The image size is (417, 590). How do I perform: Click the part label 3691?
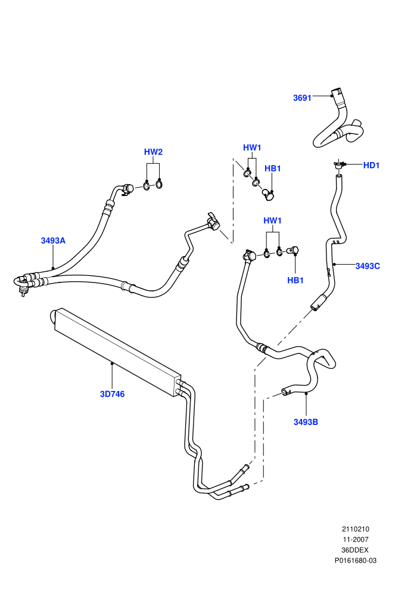pos(302,98)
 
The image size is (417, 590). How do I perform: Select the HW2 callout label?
pos(154,152)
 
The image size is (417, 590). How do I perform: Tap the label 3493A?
pos(53,240)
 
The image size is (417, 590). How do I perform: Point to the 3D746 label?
pos(113,394)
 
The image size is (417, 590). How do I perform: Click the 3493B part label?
pos(306,422)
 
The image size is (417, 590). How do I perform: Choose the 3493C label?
pos(368,266)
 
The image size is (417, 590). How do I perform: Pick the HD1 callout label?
pos(372,165)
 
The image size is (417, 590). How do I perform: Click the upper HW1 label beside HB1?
pos(252,148)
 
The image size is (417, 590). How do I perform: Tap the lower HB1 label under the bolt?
pos(295,280)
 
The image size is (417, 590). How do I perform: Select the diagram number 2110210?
pos(356,529)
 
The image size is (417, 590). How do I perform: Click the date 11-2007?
pos(356,539)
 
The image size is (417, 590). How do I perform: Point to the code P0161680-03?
pos(356,561)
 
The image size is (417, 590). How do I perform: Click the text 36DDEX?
pos(356,550)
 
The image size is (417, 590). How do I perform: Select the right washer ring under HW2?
pos(158,184)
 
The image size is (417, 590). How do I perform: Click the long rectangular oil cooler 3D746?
pos(117,352)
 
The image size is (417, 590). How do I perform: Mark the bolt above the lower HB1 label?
pos(293,250)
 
